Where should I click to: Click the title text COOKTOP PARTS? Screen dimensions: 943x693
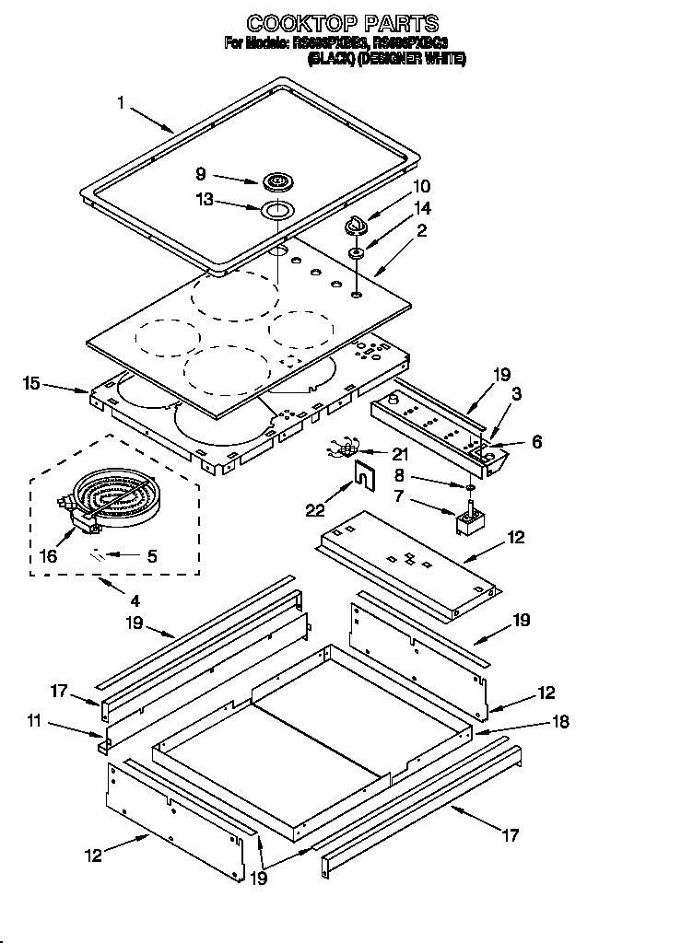(342, 23)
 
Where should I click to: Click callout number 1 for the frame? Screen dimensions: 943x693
(122, 103)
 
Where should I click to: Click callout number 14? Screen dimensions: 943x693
(422, 208)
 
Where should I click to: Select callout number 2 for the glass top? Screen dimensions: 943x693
(422, 231)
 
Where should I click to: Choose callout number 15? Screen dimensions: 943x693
(33, 381)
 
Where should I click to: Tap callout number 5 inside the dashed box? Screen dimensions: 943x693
(152, 555)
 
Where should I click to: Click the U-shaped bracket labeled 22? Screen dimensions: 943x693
(367, 478)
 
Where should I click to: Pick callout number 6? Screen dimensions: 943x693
(536, 443)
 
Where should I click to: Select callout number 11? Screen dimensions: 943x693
(34, 723)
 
